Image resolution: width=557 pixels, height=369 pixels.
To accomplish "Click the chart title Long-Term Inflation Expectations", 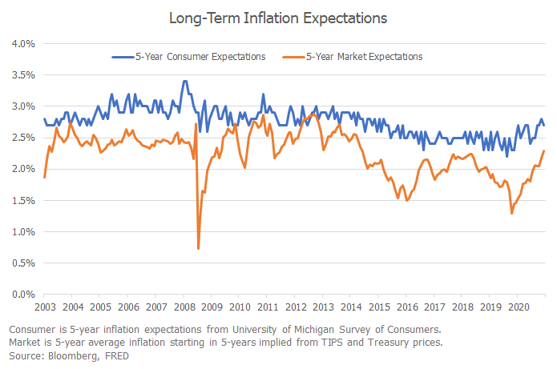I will (278, 18).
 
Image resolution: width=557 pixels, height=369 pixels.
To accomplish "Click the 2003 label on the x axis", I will (44, 307).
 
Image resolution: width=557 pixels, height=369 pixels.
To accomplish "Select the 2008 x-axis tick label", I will (184, 307).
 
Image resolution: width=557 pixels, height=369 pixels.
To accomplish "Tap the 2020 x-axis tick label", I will (519, 307).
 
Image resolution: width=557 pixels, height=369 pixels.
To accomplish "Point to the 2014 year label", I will (351, 307).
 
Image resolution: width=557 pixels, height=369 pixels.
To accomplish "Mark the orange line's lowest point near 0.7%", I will (199, 249).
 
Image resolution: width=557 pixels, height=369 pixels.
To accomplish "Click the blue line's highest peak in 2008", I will (185, 81).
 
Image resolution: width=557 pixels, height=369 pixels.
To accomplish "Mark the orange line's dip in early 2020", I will (511, 213).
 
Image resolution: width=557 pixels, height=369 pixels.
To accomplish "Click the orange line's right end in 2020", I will (545, 151).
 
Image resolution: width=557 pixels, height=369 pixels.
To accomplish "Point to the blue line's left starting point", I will (44, 118).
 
